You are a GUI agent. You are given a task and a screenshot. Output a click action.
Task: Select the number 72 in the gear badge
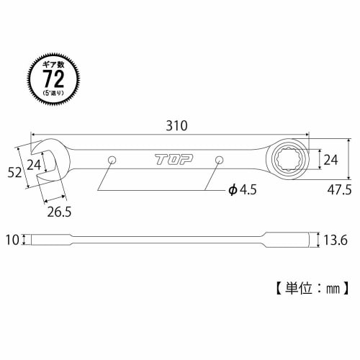(50, 76)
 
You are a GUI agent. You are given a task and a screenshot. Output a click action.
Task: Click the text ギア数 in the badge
(50, 63)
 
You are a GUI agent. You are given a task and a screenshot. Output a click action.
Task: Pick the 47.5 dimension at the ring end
(339, 190)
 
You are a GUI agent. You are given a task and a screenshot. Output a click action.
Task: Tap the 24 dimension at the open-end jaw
(33, 164)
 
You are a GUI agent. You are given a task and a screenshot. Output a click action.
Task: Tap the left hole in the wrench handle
(112, 158)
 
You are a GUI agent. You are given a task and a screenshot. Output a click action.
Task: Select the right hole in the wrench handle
(218, 158)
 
